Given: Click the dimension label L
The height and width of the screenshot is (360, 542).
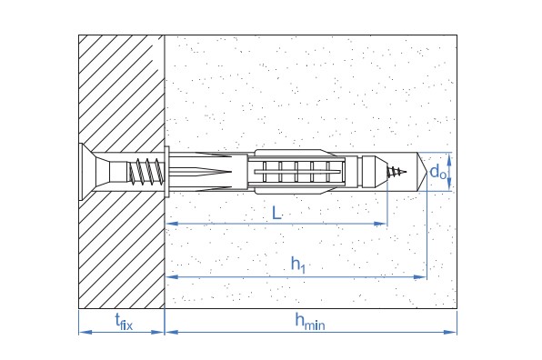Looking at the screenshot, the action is (276, 213).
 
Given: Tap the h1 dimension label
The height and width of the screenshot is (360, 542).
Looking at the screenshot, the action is (298, 265).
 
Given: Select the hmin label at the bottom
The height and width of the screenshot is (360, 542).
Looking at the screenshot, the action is (310, 321).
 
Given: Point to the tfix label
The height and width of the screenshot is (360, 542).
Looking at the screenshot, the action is (124, 322).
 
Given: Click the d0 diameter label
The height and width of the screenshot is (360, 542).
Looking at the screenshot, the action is (437, 171).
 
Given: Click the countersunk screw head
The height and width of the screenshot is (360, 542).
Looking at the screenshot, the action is (87, 172).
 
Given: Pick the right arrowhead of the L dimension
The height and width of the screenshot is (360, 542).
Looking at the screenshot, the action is (380, 224).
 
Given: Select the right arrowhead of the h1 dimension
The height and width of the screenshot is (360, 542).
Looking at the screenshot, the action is (420, 276).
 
